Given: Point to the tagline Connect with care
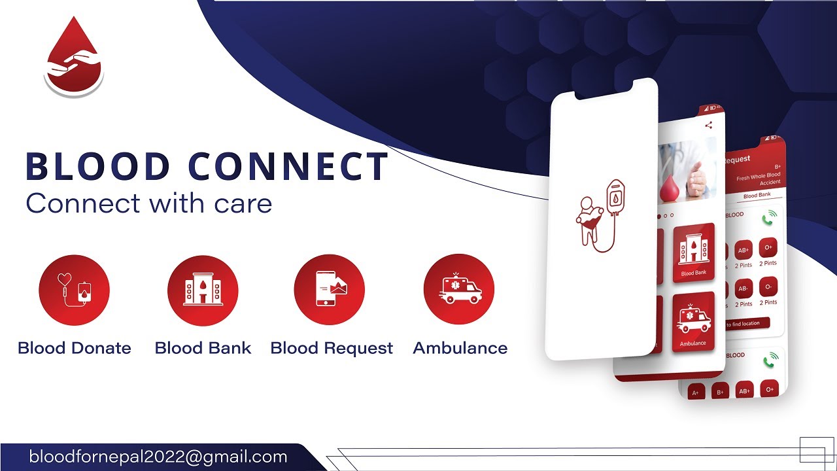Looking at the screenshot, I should pyautogui.click(x=148, y=203).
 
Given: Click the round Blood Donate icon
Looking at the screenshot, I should pyautogui.click(x=74, y=290).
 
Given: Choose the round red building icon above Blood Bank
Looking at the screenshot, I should pyautogui.click(x=203, y=290).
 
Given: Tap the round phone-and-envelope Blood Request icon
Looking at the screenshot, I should pyautogui.click(x=329, y=290).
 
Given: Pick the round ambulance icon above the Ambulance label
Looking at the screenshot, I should pyautogui.click(x=459, y=290).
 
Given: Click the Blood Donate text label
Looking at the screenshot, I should pyautogui.click(x=75, y=348).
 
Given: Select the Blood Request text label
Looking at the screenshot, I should pyautogui.click(x=332, y=348).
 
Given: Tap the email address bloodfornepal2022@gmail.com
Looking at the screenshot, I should pyautogui.click(x=158, y=457).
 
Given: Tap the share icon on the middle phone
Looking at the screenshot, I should pyautogui.click(x=708, y=126).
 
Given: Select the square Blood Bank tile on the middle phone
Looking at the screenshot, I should pyautogui.click(x=693, y=254).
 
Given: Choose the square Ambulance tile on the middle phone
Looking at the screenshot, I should pyautogui.click(x=693, y=323).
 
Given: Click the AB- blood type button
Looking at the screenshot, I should pyautogui.click(x=744, y=288).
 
